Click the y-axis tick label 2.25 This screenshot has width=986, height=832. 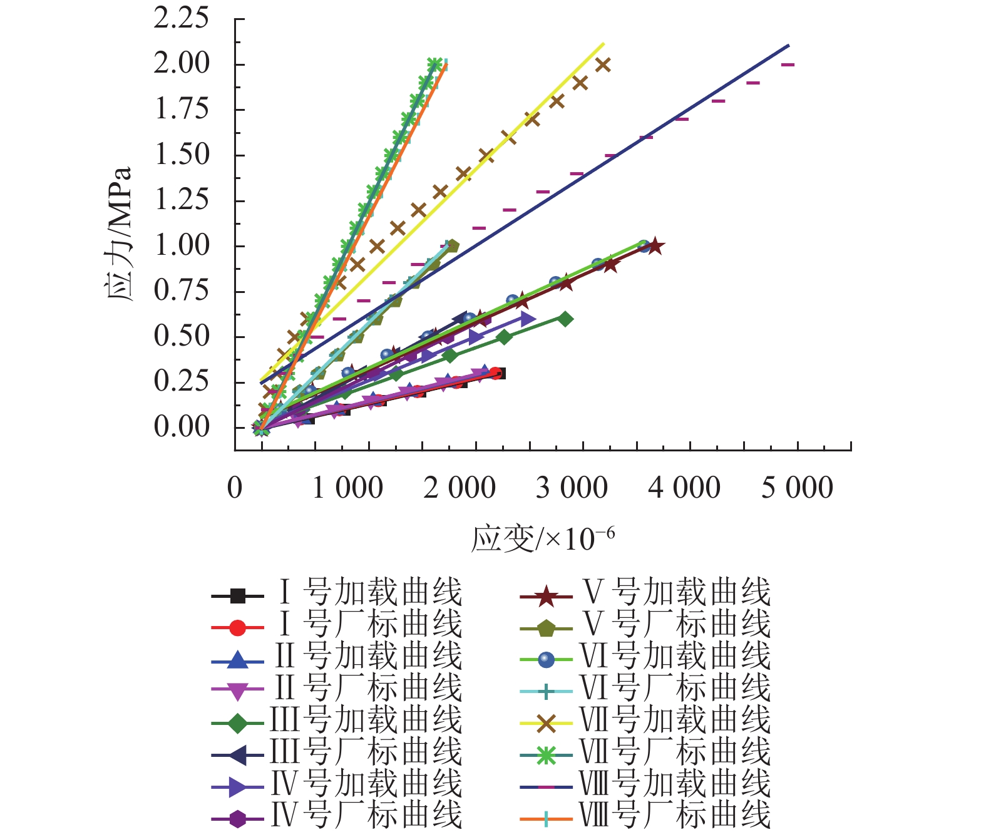pyautogui.click(x=181, y=19)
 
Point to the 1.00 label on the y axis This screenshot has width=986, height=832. pyautogui.click(x=181, y=245)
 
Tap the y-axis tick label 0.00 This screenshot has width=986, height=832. pyautogui.click(x=181, y=427)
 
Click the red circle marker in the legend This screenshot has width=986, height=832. pyautogui.click(x=237, y=627)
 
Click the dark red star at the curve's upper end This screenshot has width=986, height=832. pyautogui.click(x=655, y=246)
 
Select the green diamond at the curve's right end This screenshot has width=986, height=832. pyautogui.click(x=565, y=319)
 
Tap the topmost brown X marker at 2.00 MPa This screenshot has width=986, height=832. pyautogui.click(x=603, y=64)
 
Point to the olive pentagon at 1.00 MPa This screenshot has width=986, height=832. pyautogui.click(x=452, y=246)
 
